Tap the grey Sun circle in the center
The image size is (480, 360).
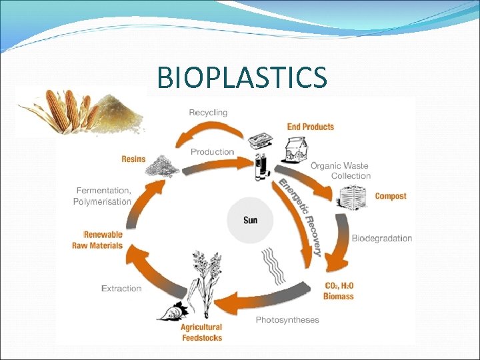(x=250, y=220)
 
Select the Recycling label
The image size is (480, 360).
(x=208, y=113)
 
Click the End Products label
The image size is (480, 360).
(x=310, y=127)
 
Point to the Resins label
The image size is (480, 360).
(x=133, y=159)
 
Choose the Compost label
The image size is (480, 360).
(x=390, y=196)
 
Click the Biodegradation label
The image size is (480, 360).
(x=381, y=238)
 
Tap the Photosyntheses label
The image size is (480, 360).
(x=287, y=319)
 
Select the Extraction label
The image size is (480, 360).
(x=121, y=289)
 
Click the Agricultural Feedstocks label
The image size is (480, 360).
(x=201, y=333)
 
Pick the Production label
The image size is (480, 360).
(x=212, y=152)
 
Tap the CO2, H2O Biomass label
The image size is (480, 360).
(x=339, y=291)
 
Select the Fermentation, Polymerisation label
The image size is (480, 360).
(x=103, y=196)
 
